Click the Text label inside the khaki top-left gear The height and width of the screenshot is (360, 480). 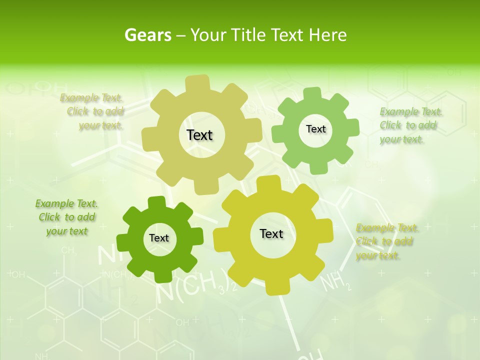pos(199,135)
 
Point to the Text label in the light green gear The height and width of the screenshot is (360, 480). pos(315,129)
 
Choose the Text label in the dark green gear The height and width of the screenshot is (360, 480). pos(159,238)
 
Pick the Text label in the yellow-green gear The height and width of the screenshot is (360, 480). pos(271,233)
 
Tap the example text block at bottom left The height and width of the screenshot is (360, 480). pos(67,217)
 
